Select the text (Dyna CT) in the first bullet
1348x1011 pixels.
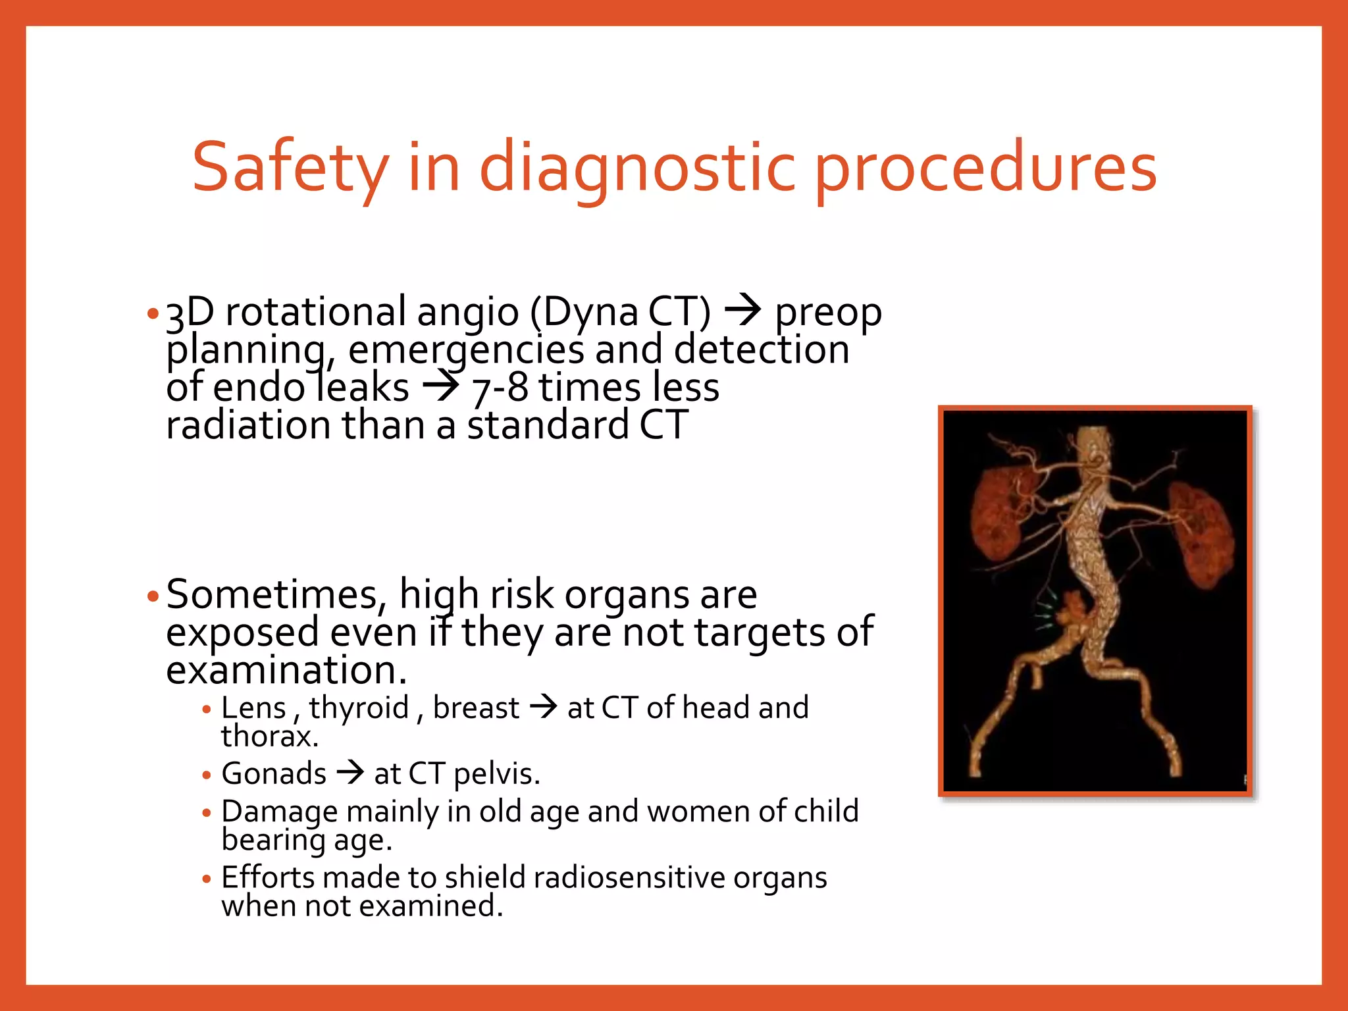point(620,311)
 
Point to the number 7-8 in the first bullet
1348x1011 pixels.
point(500,388)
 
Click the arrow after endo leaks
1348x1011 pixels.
point(440,387)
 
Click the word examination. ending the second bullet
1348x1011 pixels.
point(286,670)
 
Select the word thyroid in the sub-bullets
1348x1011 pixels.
point(359,708)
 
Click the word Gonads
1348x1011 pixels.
point(274,773)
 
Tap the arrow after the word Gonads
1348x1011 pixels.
point(350,772)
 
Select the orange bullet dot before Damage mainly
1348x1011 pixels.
point(207,814)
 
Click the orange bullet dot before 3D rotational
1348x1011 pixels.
point(153,313)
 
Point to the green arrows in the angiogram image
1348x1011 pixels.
point(1044,612)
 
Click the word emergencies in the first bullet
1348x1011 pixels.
point(465,350)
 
